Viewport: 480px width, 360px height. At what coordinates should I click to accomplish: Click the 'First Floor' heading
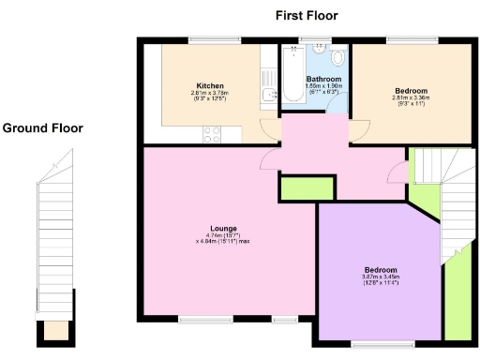(x=307, y=15)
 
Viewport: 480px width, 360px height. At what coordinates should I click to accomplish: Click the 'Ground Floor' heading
(x=42, y=127)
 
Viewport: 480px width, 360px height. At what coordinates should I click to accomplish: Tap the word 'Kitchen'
(x=209, y=84)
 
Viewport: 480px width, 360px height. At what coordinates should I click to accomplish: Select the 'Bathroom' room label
(x=318, y=79)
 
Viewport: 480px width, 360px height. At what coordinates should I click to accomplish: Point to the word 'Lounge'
(x=223, y=228)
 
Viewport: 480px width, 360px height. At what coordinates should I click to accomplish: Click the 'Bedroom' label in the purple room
(x=381, y=268)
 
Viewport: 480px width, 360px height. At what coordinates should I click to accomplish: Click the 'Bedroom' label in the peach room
(x=410, y=89)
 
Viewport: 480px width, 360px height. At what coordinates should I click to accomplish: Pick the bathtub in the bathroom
(x=292, y=75)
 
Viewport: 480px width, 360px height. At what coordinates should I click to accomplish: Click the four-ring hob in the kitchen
(x=211, y=134)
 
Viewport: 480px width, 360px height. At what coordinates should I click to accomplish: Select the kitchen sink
(x=269, y=95)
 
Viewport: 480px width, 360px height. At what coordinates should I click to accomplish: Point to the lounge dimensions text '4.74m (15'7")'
(x=223, y=235)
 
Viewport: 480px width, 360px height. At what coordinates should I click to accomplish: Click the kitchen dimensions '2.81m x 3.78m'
(x=209, y=92)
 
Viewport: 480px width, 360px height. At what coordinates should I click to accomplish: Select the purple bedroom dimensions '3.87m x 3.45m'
(x=381, y=276)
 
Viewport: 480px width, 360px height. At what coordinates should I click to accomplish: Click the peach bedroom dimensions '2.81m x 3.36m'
(x=410, y=96)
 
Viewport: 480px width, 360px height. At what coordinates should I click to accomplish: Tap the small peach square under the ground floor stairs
(x=56, y=330)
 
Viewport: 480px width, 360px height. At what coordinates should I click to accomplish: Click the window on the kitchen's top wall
(x=204, y=39)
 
